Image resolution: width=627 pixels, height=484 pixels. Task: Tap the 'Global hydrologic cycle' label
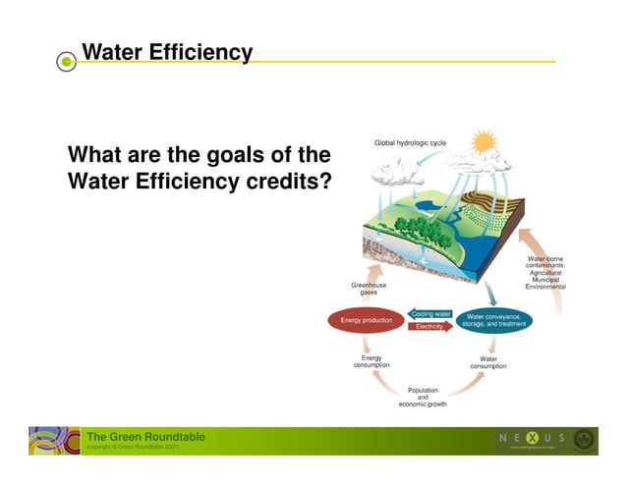410,143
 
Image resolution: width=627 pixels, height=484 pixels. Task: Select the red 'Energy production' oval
366,320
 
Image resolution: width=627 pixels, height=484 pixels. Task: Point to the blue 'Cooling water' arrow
430,314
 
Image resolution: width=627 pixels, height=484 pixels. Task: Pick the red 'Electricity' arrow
429,326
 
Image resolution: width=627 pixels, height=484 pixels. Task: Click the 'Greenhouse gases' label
369,289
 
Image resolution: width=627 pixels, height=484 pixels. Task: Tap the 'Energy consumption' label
371,362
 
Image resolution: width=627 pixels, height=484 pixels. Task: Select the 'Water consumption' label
488,362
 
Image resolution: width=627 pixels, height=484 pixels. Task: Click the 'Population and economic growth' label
423,397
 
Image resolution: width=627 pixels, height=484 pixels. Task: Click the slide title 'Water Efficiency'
167,52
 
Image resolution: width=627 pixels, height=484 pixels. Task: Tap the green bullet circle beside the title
66,62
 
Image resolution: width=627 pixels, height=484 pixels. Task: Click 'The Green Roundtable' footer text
145,436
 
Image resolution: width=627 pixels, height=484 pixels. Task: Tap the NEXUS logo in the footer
532,438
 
